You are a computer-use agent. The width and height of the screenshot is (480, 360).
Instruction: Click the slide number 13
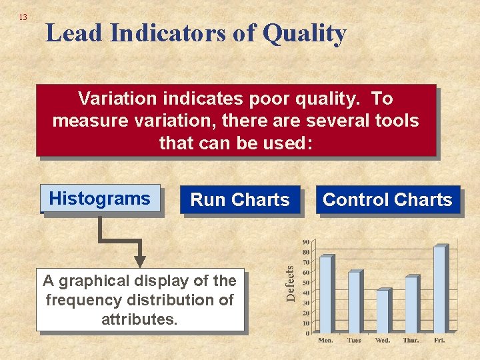tap(23, 17)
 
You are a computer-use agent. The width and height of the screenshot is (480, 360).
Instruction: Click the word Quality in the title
tap(304, 33)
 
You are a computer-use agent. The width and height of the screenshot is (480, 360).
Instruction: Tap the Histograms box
tap(100, 199)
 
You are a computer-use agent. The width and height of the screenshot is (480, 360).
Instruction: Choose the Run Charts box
tap(240, 200)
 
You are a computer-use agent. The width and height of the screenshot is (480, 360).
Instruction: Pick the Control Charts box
tap(387, 200)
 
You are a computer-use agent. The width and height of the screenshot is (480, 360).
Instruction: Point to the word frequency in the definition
tap(84, 300)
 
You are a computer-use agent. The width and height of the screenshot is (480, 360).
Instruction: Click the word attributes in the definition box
tap(139, 319)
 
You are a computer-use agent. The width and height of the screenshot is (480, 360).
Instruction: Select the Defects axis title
tap(290, 283)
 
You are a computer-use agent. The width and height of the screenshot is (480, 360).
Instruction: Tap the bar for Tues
tap(354, 301)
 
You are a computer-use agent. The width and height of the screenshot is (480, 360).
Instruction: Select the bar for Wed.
tap(383, 311)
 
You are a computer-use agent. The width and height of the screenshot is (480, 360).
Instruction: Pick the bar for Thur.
tap(411, 305)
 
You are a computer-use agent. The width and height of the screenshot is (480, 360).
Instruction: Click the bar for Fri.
tap(439, 289)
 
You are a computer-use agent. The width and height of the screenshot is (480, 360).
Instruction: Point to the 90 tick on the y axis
tap(305, 242)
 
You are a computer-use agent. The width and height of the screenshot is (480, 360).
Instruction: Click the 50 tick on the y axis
tap(305, 283)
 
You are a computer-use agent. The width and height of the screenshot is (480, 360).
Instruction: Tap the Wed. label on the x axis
tap(383, 341)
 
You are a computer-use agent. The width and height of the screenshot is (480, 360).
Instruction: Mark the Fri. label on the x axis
tap(440, 341)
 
